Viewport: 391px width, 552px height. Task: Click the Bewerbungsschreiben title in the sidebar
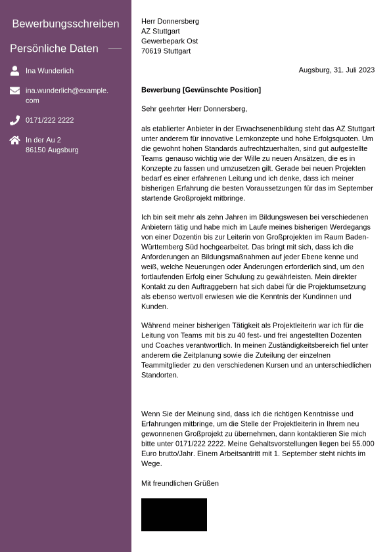point(66,24)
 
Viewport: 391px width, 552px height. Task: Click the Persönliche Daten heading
point(54,49)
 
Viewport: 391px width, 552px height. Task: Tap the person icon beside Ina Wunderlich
point(14,71)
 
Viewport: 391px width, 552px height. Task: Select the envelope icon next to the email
point(14,91)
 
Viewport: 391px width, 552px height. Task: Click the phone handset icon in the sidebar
point(14,120)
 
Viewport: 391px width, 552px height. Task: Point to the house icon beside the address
point(14,140)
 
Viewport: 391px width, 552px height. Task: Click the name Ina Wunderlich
point(49,71)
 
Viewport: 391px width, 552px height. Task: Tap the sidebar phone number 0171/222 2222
point(49,120)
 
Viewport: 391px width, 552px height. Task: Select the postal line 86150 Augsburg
point(52,150)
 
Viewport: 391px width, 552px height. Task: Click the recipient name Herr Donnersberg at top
point(170,21)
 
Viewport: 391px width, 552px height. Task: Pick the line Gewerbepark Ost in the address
point(169,41)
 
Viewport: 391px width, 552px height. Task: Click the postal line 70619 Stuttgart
point(166,51)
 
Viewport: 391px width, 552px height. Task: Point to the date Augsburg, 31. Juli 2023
point(336,70)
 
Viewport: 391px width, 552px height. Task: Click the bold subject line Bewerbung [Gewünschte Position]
point(200,90)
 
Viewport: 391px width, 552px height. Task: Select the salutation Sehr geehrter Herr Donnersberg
point(194,108)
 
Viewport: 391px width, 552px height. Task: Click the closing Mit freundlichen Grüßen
point(179,483)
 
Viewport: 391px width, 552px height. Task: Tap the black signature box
point(173,515)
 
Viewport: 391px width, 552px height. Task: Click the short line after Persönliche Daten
point(115,49)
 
